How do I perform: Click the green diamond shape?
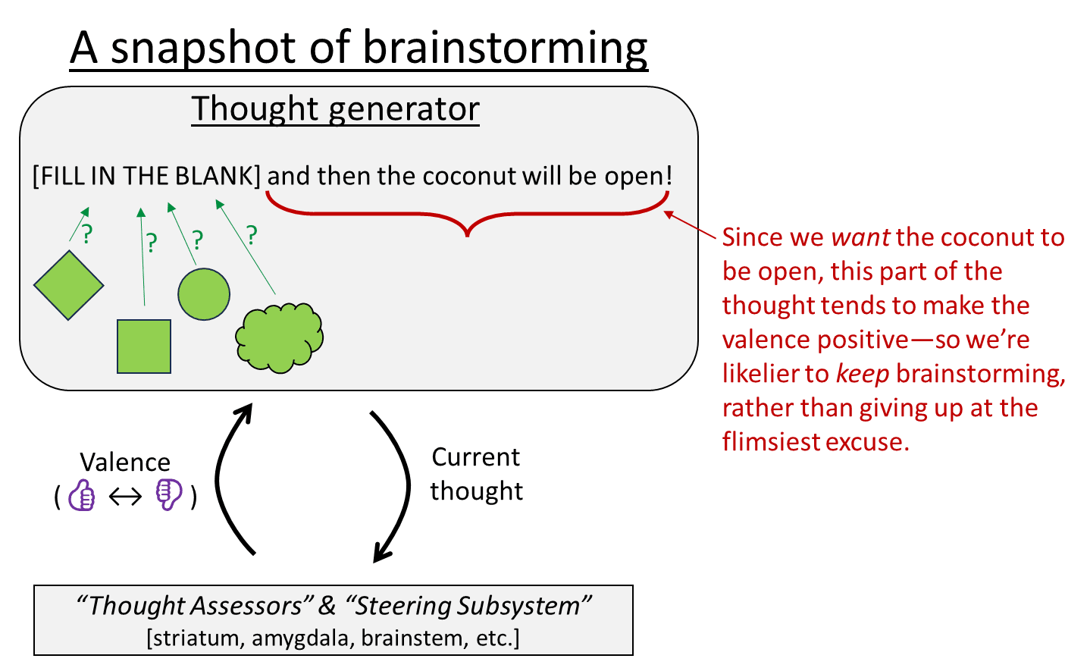point(68,285)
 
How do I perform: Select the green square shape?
point(144,347)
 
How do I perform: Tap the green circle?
point(204,294)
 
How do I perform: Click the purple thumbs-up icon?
point(82,496)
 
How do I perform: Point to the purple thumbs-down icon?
point(168,495)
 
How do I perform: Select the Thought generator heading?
point(335,108)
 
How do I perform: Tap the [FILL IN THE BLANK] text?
point(146,176)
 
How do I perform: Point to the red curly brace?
point(467,215)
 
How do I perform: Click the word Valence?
point(125,463)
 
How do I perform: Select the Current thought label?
point(476,474)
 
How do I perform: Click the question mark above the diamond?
point(87,234)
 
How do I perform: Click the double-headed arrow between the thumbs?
point(125,497)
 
